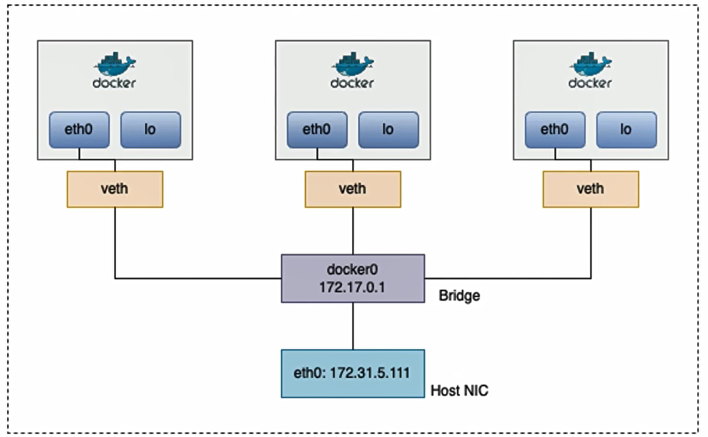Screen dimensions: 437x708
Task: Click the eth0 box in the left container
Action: [79, 130]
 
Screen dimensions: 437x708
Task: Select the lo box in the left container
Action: [150, 130]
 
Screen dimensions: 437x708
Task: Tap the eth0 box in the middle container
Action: [317, 130]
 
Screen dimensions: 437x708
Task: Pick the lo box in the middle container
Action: [388, 130]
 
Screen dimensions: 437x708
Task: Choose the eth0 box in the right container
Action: [555, 130]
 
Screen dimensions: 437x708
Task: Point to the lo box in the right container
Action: [626, 130]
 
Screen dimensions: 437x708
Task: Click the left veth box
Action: [114, 189]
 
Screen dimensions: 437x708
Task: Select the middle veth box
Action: [353, 189]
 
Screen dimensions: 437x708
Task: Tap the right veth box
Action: [591, 189]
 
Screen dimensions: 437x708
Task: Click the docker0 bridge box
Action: [353, 277]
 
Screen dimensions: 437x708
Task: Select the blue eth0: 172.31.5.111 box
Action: [353, 372]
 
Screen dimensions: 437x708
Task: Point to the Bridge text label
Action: [459, 296]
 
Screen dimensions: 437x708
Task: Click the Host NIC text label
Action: [459, 391]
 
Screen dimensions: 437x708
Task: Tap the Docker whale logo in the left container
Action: [114, 64]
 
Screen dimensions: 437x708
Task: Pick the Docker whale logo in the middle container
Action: [353, 64]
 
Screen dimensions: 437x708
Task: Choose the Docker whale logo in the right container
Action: [591, 64]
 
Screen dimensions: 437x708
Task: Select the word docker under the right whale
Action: [591, 83]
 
